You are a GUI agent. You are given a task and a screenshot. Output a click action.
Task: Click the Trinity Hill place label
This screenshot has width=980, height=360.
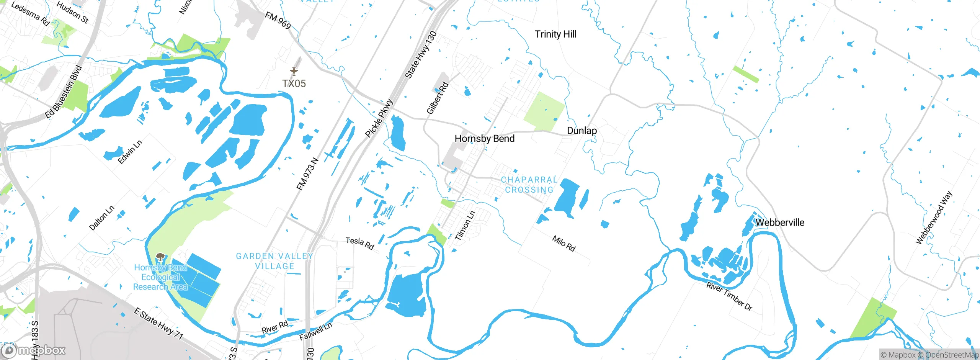[555, 34]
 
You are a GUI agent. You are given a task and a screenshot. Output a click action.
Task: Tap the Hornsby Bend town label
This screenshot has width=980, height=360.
[484, 139]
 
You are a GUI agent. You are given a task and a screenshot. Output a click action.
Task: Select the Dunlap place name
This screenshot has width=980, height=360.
[581, 131]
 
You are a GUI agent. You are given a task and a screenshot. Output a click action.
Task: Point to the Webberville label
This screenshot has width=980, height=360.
[780, 223]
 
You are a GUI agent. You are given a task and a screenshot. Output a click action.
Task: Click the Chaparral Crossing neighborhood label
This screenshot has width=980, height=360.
[529, 185]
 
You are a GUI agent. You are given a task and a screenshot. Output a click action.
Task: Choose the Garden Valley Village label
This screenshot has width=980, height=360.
[274, 261]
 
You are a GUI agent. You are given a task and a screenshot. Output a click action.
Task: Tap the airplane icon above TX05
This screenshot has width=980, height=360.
[294, 71]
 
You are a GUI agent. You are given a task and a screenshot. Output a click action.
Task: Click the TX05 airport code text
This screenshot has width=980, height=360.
[294, 83]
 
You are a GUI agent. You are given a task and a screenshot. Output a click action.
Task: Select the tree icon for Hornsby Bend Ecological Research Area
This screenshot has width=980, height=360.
[160, 257]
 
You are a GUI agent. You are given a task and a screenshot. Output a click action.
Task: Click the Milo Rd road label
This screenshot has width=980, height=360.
[563, 244]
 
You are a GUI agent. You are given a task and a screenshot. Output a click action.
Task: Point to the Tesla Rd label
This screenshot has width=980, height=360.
[359, 243]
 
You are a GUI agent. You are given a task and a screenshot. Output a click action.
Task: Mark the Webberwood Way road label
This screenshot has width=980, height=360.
[934, 218]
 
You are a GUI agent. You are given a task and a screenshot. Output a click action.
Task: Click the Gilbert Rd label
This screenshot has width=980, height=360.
[437, 98]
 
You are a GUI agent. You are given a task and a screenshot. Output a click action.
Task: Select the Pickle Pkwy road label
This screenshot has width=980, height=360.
[379, 118]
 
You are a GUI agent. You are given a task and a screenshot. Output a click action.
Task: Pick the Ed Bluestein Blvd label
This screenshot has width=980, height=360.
[64, 92]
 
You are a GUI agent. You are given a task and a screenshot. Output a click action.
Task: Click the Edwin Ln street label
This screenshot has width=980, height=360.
[130, 152]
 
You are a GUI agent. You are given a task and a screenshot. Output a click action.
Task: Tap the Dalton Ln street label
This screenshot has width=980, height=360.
[101, 218]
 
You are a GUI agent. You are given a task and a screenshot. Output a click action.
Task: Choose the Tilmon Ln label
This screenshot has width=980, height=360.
[465, 226]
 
